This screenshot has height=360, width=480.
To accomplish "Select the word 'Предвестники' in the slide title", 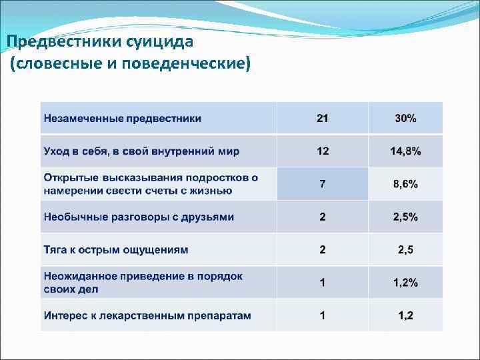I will (x=53, y=43).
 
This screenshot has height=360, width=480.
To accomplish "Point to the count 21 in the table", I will (x=323, y=119).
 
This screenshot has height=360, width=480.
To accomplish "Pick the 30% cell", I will (x=405, y=119).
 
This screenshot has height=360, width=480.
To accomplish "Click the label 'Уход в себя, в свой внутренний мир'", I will (x=141, y=151).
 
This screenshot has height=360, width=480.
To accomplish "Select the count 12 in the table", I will (x=323, y=151).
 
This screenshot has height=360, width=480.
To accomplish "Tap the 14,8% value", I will (x=405, y=151).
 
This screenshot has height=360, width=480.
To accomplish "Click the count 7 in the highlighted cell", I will (x=323, y=184).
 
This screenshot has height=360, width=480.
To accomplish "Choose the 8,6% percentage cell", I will (x=405, y=184).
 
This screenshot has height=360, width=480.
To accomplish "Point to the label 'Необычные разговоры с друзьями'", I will (x=139, y=217).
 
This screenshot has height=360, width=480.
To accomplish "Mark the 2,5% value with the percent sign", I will (x=405, y=217).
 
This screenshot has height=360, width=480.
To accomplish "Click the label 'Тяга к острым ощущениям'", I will (x=116, y=250).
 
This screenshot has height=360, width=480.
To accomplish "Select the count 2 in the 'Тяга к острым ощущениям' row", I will (x=323, y=250).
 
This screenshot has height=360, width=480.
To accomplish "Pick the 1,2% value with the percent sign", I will (x=405, y=283).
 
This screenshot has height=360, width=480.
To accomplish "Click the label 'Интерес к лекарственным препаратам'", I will (x=147, y=315).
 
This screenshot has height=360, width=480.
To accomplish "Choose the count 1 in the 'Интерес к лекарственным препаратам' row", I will (x=323, y=315).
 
